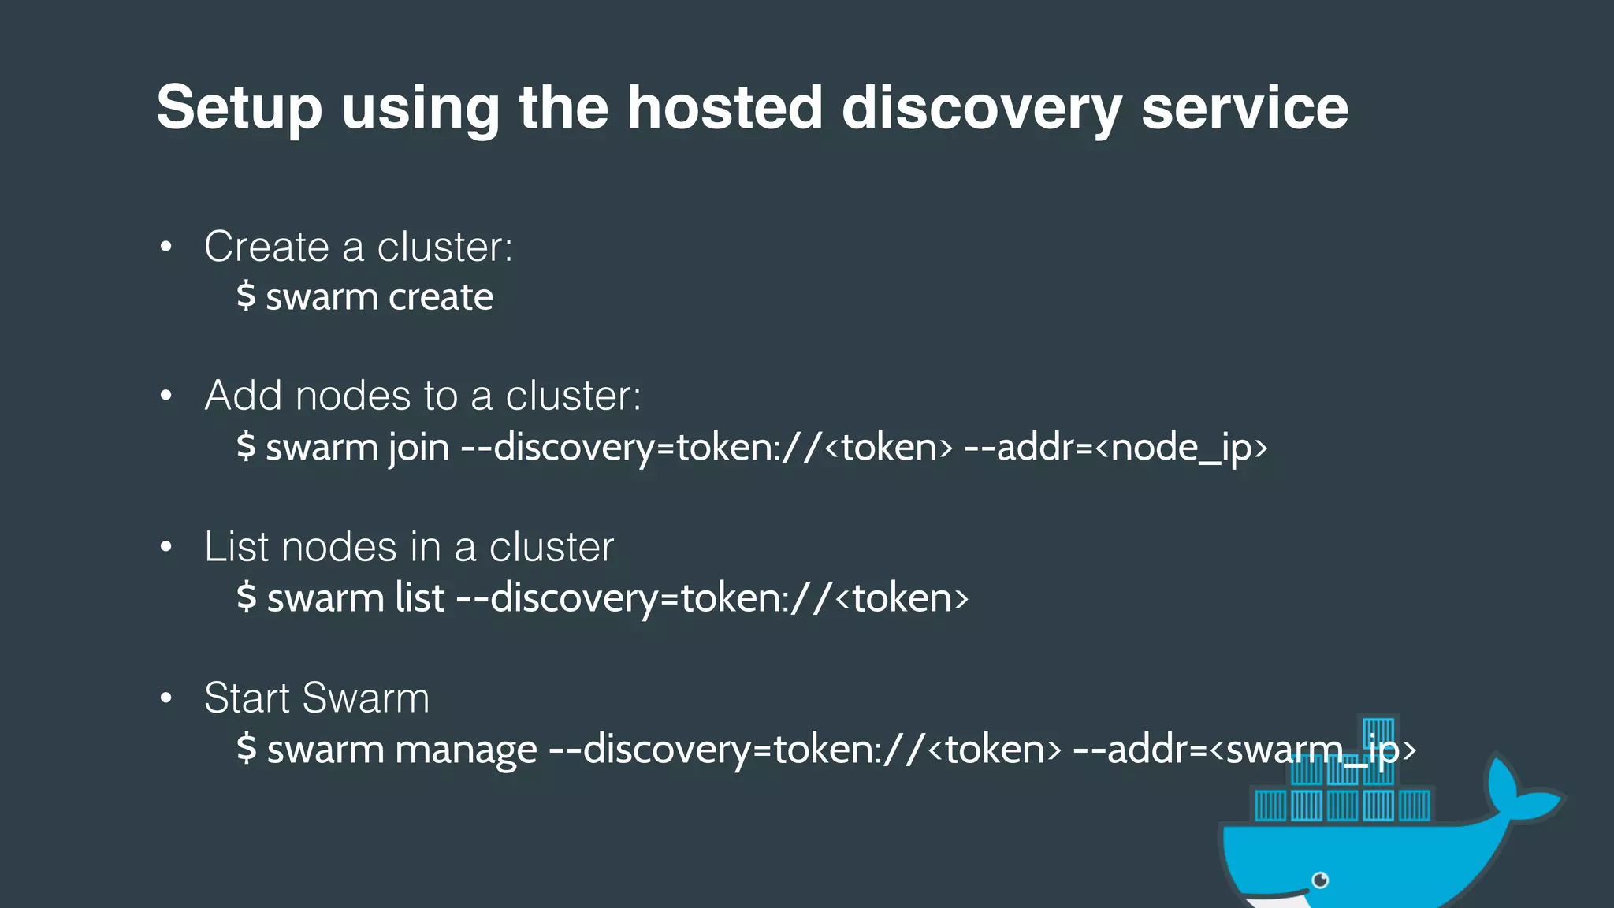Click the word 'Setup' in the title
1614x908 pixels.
click(239, 109)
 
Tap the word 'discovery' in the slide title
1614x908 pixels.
click(981, 109)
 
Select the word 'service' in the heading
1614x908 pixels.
click(1244, 109)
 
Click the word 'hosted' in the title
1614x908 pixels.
click(724, 107)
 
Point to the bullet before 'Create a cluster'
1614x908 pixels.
click(165, 247)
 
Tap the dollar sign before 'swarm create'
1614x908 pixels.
click(246, 296)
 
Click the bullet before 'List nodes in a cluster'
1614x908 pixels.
click(165, 547)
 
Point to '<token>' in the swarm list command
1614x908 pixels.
click(902, 597)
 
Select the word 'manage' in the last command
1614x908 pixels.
click(465, 750)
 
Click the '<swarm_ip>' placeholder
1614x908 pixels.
click(1312, 749)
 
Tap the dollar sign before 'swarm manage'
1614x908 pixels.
click(246, 748)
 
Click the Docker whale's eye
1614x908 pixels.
click(1320, 880)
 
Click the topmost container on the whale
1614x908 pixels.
click(1378, 731)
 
